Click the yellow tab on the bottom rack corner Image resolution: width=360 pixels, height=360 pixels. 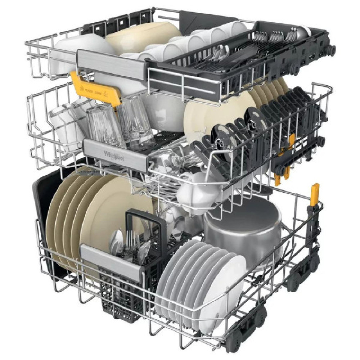coord(315,195)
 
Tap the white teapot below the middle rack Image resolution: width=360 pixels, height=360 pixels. coord(194,191)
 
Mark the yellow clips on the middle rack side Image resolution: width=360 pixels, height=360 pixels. coord(283,173)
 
